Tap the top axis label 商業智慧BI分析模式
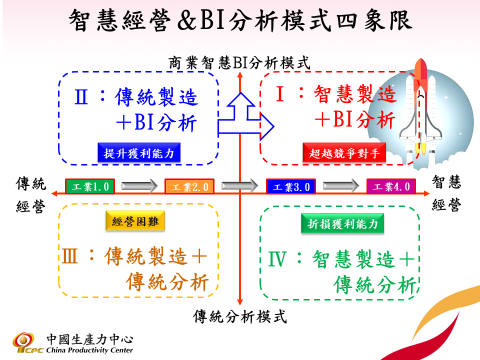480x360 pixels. coord(240,63)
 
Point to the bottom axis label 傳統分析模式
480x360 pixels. coord(240,317)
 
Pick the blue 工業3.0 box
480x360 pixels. coord(290,187)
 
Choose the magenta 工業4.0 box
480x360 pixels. coord(390,187)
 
